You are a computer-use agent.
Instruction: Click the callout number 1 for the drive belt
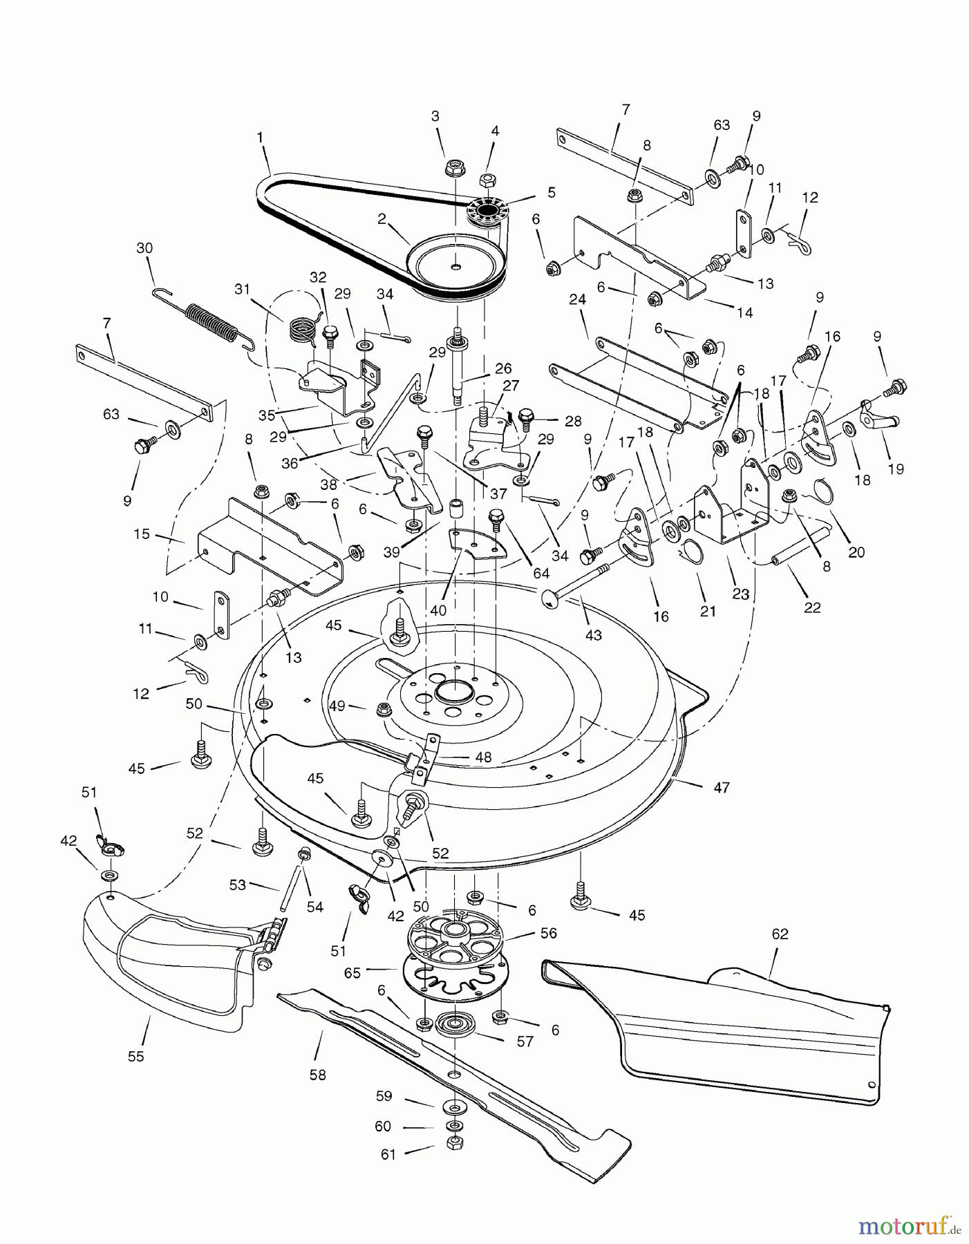click(x=260, y=138)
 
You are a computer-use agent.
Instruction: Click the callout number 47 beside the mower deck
click(x=721, y=787)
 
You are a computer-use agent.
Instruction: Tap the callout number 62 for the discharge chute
click(x=780, y=934)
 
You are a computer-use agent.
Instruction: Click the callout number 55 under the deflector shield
click(x=136, y=1057)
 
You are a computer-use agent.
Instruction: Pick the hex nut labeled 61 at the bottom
click(x=454, y=1143)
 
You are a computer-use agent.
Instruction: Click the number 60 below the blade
click(x=382, y=1127)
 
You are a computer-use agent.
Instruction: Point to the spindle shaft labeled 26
click(x=457, y=366)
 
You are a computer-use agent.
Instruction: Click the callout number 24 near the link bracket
click(x=578, y=299)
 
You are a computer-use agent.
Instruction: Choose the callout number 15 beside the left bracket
click(x=142, y=534)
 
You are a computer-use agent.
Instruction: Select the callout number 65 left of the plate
click(x=352, y=972)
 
